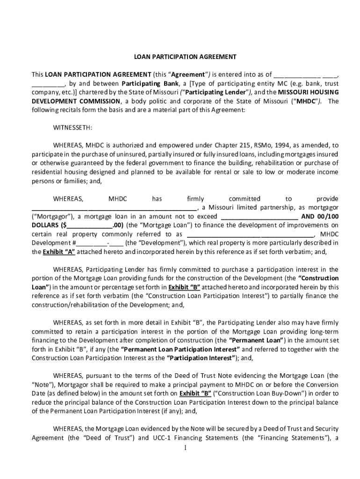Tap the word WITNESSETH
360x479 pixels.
72,128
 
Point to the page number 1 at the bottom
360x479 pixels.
185,448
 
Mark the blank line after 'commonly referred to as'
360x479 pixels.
251,234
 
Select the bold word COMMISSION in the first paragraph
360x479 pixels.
99,101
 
